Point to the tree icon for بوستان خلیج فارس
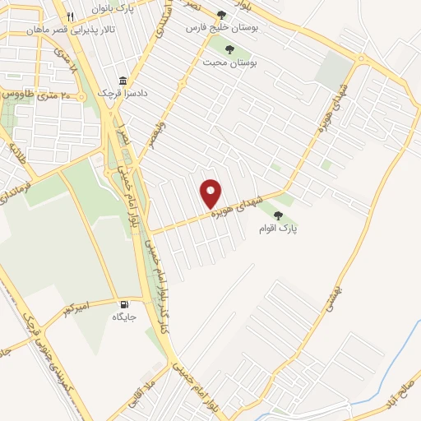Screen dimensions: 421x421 (222, 16)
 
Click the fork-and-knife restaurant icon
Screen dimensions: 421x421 (71, 16)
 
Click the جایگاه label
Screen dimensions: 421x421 (123, 316)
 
